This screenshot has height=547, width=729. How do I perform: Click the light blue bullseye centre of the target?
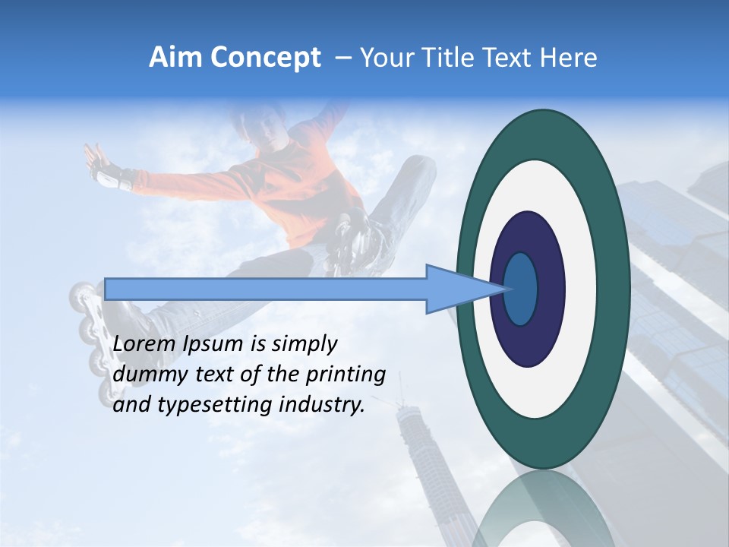(x=521, y=289)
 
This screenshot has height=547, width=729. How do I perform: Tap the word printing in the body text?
(x=349, y=375)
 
